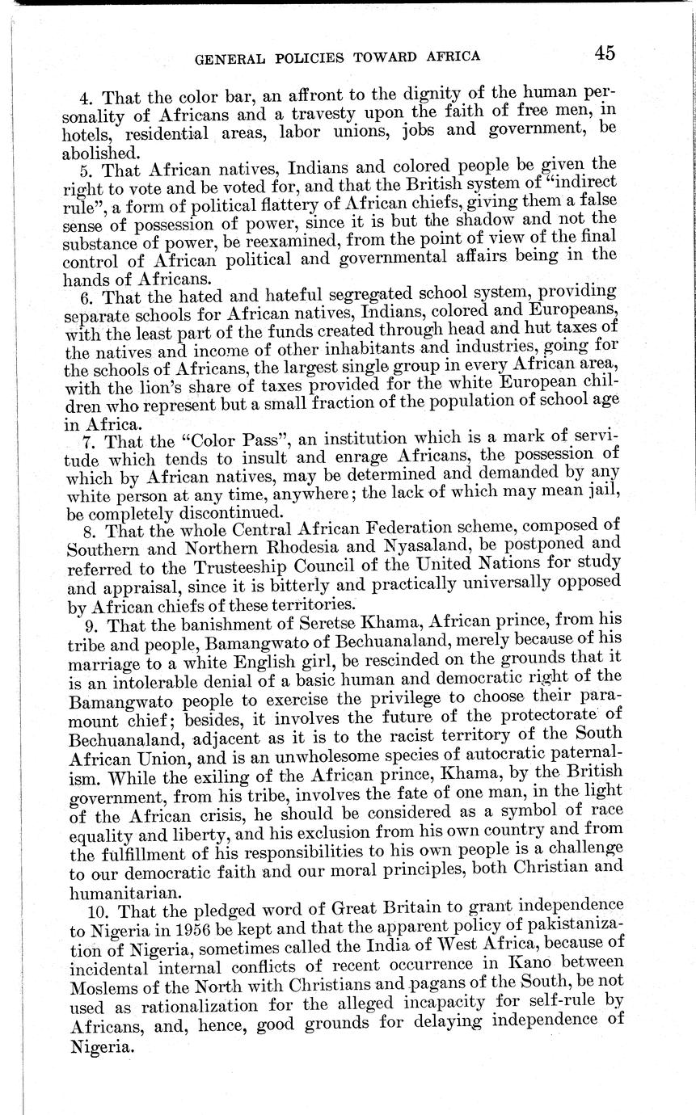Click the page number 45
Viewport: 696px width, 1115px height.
(x=605, y=53)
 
